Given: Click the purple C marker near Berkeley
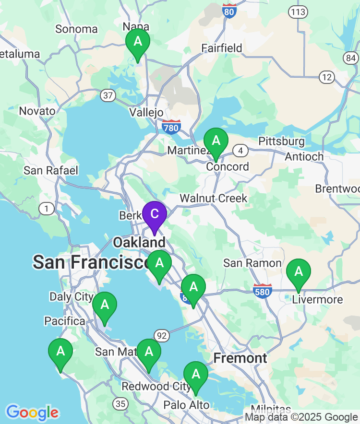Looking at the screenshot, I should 154,213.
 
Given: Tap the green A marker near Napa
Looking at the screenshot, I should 138,41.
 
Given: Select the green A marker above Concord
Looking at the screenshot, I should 216,141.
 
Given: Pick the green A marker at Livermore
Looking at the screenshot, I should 299,271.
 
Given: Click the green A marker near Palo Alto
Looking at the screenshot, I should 196,374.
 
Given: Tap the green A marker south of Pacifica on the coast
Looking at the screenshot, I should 60,351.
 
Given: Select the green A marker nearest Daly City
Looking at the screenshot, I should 104,305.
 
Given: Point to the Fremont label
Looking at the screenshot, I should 240,358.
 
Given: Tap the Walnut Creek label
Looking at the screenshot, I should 214,198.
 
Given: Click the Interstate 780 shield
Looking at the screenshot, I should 171,127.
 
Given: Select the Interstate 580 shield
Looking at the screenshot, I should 263,291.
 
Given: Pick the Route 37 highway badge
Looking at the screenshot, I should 108,95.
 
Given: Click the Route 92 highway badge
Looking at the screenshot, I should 162,335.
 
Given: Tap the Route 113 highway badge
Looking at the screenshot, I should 298,12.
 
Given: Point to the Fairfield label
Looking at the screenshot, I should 222,48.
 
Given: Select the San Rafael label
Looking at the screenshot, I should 51,170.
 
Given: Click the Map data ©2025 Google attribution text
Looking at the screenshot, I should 301,417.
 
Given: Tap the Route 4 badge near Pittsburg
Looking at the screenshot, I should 240,151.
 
